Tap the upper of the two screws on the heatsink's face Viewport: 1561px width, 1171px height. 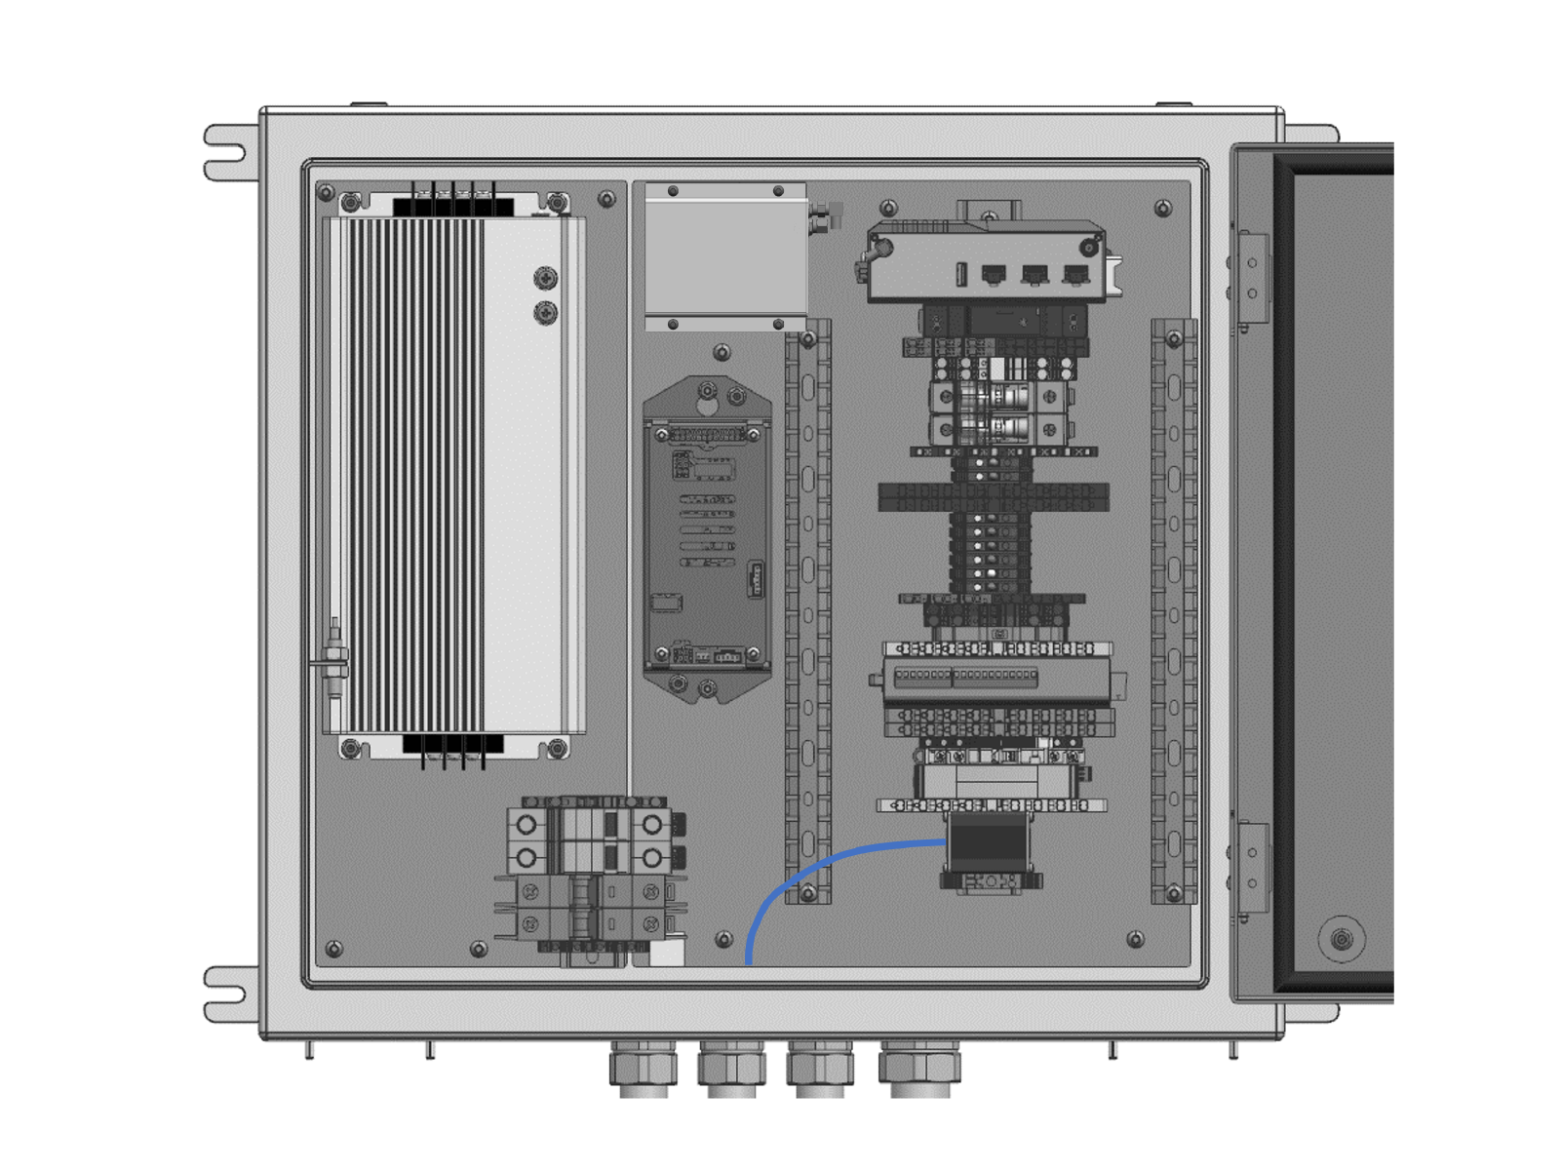(546, 279)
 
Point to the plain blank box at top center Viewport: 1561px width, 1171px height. (725, 256)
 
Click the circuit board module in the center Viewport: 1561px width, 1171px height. (706, 541)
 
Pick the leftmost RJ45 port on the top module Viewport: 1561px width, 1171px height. (993, 275)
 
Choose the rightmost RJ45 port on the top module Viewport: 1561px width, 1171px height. (1074, 275)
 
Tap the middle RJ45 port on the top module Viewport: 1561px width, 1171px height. (1034, 275)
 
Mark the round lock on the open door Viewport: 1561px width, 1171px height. (1342, 939)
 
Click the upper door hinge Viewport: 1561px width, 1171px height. (1252, 277)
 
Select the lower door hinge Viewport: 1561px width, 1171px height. (1252, 868)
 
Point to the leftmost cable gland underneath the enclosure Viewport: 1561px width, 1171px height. (644, 1067)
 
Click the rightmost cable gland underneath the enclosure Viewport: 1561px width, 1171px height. (919, 1067)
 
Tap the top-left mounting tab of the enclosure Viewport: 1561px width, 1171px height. (227, 152)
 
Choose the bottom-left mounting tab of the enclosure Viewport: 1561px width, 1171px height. (227, 994)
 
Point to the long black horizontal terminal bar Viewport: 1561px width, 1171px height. (993, 497)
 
